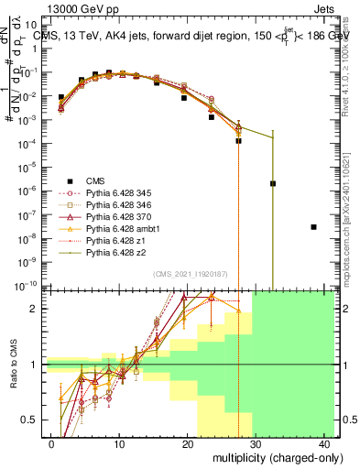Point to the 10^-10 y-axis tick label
(x=27, y=285)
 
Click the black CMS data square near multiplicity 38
(x=313, y=227)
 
